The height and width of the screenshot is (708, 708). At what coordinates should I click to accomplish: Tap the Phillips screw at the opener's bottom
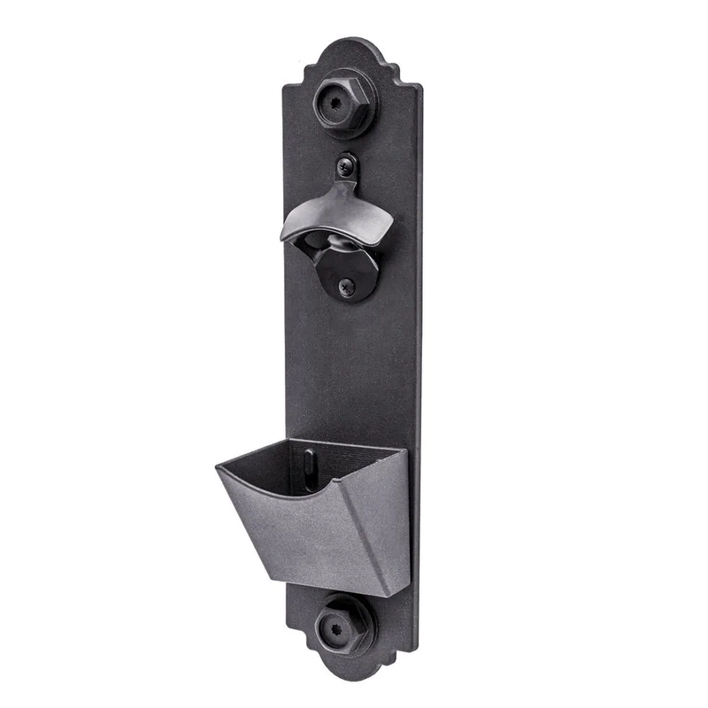[x=347, y=285]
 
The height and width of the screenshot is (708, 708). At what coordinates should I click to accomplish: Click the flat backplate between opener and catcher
[x=350, y=372]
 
